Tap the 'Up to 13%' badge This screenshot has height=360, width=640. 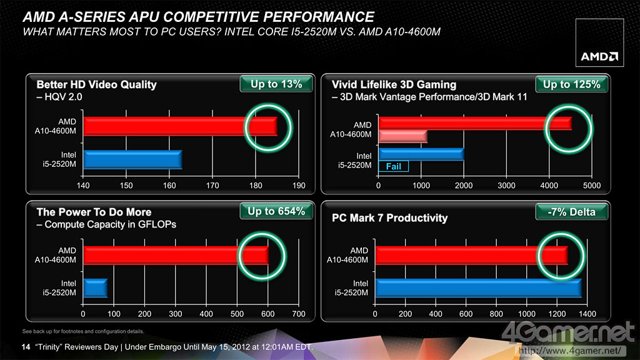tap(276, 84)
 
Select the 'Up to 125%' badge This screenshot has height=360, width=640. tap(571, 84)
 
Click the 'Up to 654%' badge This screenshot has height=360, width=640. tap(276, 211)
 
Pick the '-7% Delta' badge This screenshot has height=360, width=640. tap(571, 211)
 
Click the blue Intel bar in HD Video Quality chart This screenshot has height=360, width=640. tap(132, 159)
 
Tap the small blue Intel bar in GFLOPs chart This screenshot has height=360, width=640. tap(95, 288)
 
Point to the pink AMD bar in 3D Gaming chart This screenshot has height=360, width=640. tap(402, 136)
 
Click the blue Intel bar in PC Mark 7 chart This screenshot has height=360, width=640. tap(477, 288)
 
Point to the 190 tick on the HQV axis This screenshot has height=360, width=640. tap(299, 186)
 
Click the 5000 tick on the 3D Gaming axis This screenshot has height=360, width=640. tap(591, 186)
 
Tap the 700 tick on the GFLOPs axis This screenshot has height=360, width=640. tap(299, 314)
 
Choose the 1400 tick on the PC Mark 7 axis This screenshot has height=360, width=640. tap(587, 314)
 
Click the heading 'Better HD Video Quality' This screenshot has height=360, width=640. tap(96, 84)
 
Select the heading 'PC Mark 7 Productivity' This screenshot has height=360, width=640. tap(390, 218)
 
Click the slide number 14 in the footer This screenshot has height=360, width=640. tap(26, 347)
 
